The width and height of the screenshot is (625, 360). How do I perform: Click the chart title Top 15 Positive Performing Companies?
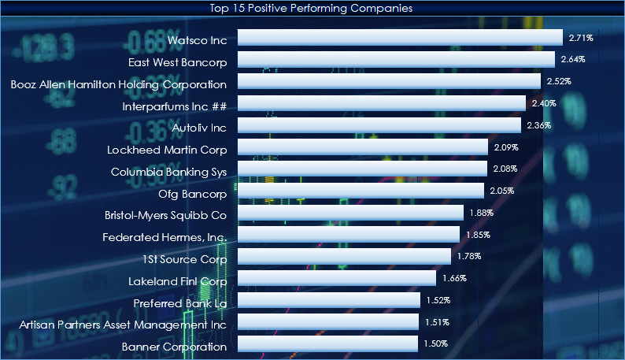point(312,8)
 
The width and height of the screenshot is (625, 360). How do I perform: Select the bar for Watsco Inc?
point(400,37)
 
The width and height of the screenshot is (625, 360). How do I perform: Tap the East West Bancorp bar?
point(396,59)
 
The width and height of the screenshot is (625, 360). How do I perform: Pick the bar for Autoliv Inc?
point(379,125)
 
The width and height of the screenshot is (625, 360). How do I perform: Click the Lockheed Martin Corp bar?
point(362,147)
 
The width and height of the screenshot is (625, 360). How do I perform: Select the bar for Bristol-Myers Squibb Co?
point(350,213)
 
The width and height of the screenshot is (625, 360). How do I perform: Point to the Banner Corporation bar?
point(327,344)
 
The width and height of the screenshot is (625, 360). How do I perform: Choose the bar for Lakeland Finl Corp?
point(336,278)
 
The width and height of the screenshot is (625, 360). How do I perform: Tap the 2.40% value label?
point(544,103)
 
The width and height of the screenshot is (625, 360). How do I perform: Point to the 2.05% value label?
point(502,191)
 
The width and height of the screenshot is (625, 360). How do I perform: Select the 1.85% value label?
point(478,235)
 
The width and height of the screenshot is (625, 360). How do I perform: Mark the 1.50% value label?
point(436,344)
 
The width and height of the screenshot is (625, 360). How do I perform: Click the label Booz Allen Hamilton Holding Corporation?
point(119,84)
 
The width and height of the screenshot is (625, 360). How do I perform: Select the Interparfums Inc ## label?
point(175,106)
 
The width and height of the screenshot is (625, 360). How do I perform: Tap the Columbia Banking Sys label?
point(168,172)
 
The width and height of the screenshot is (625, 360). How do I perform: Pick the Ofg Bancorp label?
point(192,194)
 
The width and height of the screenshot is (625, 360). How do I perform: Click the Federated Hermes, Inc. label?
point(165,237)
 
